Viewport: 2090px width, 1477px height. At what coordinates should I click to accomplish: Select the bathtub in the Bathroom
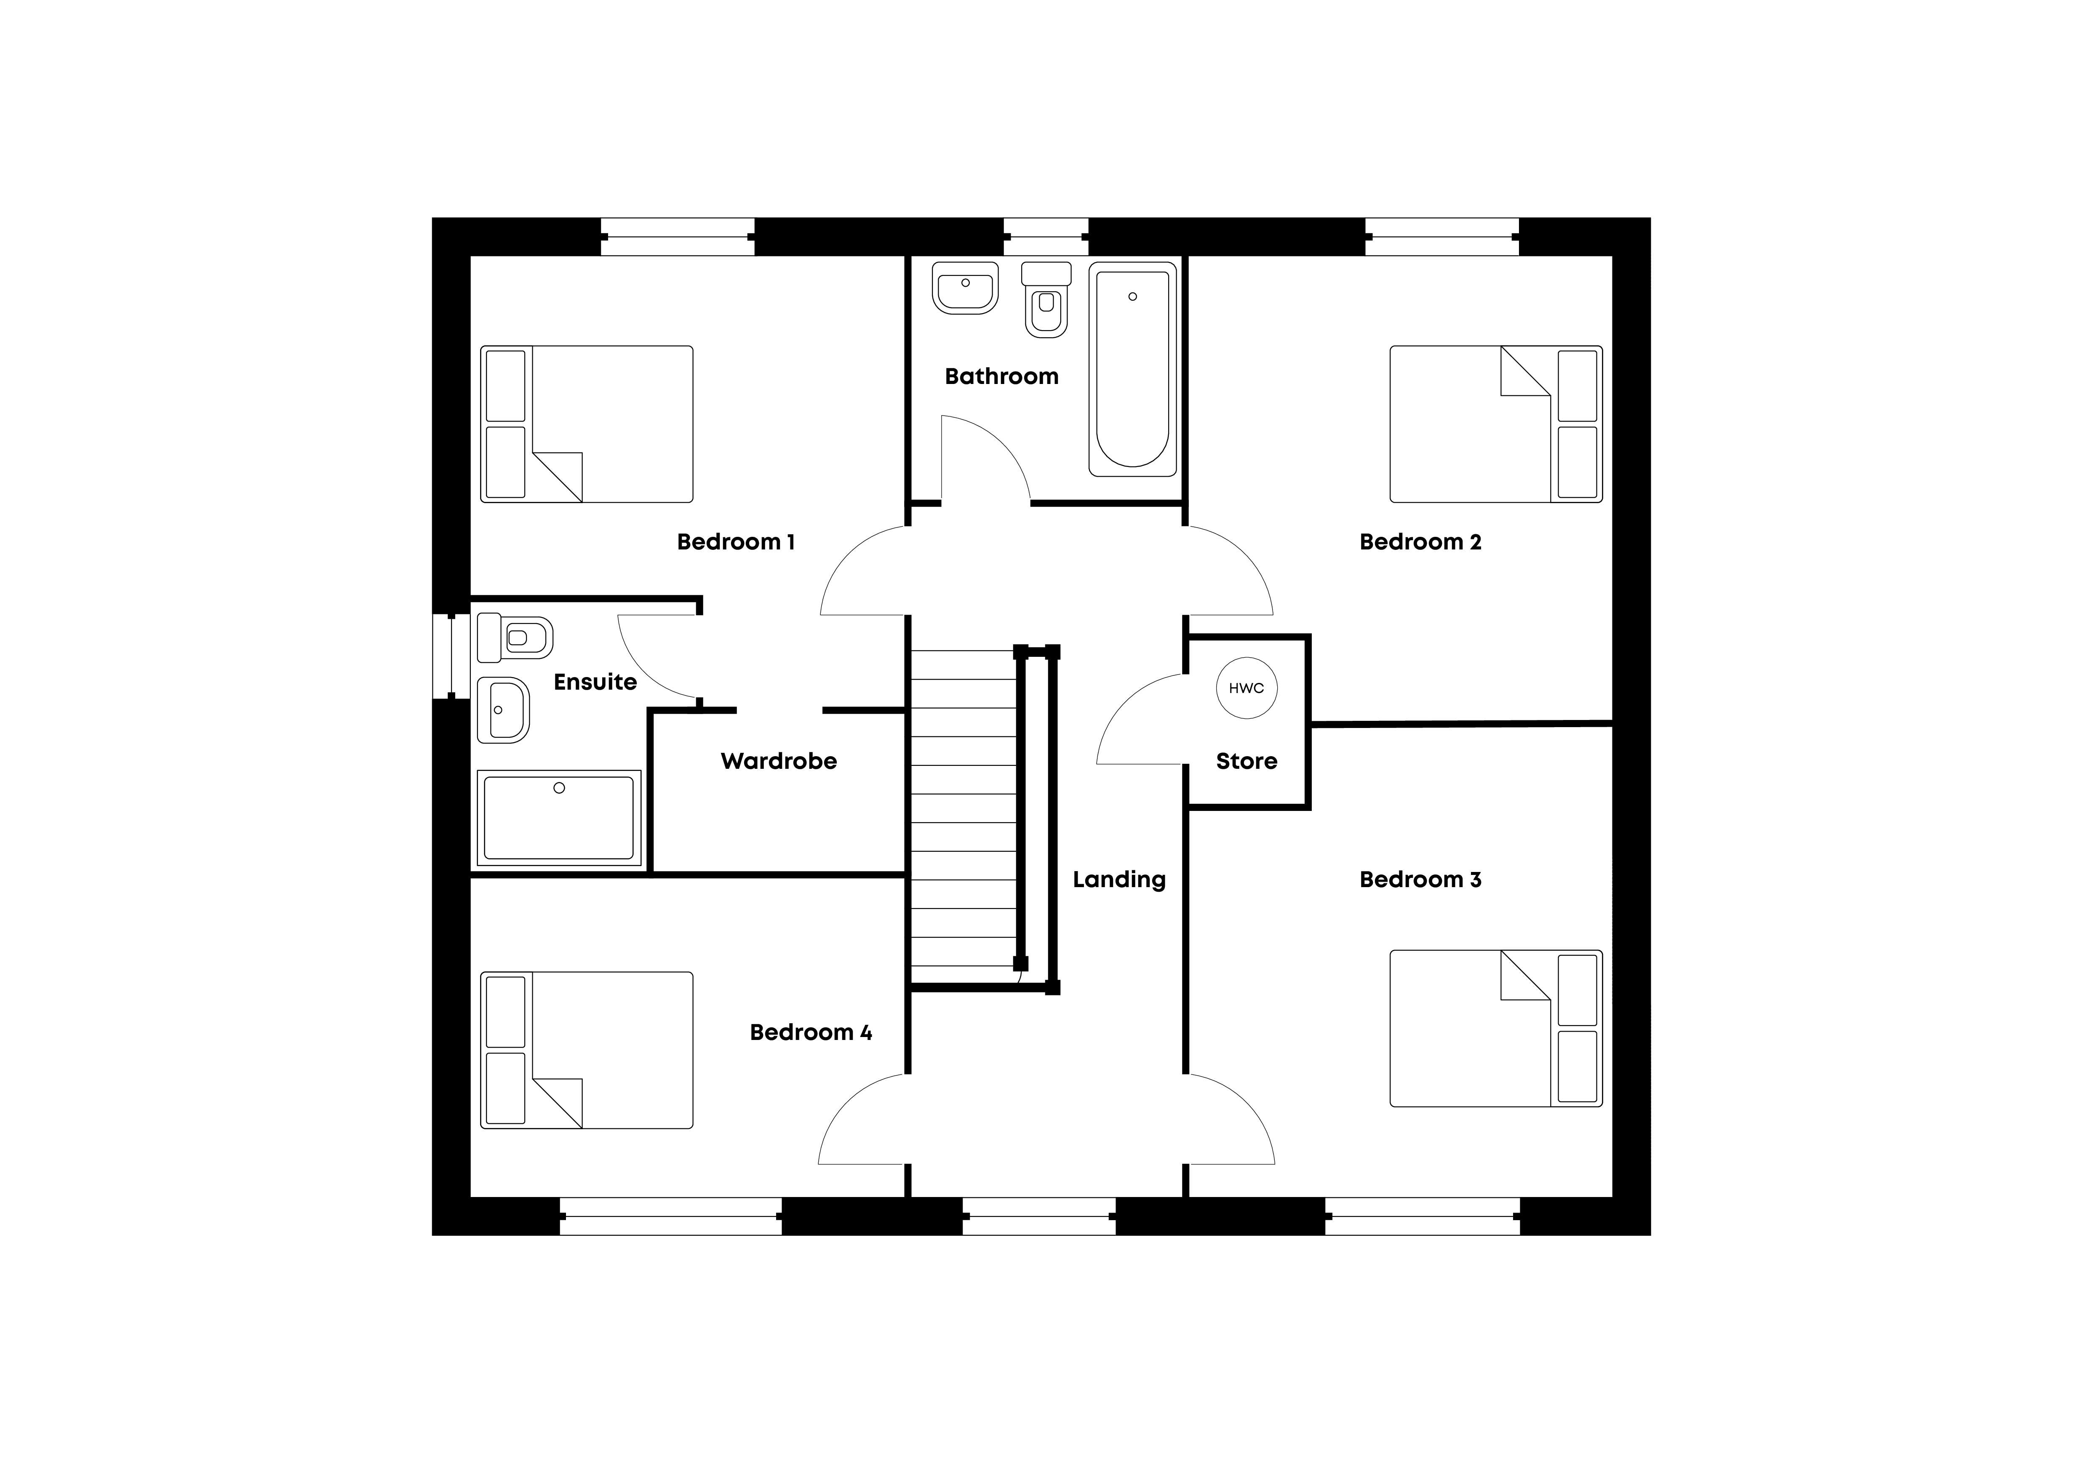(1132, 370)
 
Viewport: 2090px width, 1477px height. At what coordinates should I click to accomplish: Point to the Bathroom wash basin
(965, 288)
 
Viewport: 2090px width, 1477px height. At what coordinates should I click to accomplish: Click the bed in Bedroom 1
(586, 424)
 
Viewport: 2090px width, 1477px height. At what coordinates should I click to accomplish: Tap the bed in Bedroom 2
(1495, 424)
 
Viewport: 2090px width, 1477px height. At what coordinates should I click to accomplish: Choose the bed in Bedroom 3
(1495, 1028)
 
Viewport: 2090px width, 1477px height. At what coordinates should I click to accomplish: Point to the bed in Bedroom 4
(586, 1050)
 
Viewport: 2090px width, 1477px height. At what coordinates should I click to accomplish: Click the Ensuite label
(595, 682)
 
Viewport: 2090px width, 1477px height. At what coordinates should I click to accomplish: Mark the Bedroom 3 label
(1420, 879)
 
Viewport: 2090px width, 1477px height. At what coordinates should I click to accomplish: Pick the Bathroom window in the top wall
(1046, 237)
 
